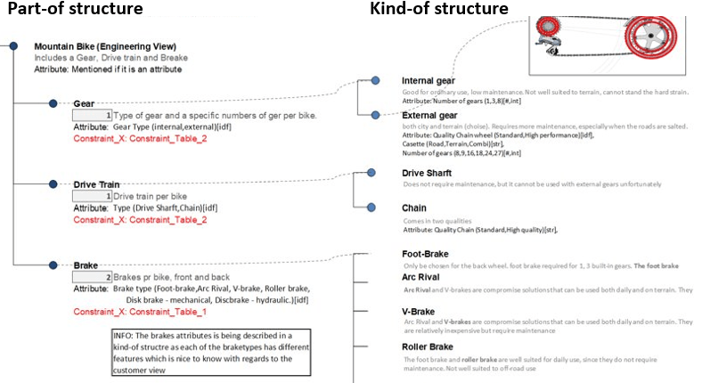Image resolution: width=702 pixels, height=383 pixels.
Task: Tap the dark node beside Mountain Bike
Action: (x=13, y=45)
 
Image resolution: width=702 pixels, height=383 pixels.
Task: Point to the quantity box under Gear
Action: (x=93, y=116)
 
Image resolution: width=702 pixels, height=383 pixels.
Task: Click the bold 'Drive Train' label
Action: (x=99, y=183)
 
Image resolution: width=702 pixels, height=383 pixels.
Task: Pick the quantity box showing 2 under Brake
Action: (x=93, y=277)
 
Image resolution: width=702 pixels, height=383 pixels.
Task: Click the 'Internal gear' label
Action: (x=429, y=81)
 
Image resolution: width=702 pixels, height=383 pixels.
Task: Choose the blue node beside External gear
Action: (x=375, y=115)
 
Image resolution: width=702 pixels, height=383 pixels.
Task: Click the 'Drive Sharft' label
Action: (x=427, y=173)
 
